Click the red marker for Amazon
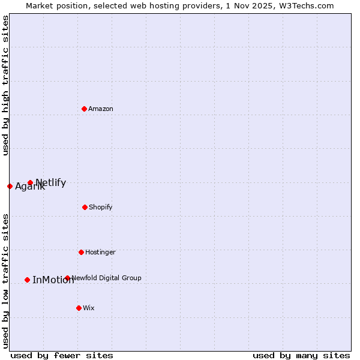point(85,109)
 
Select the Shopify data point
point(85,207)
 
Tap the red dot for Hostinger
point(81,252)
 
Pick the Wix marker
point(79,308)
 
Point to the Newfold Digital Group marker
point(67,278)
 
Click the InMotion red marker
point(27,280)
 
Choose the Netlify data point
point(30,182)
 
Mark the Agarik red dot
point(10,186)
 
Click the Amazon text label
point(101,109)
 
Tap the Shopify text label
point(100,207)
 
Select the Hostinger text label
point(100,252)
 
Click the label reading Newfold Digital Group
point(106,278)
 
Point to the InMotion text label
point(53,280)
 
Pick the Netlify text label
point(51,182)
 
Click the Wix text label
point(89,308)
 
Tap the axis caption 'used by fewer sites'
point(62,355)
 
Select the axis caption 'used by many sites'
point(301,355)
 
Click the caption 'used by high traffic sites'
point(5,85)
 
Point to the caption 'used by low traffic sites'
point(5,280)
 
